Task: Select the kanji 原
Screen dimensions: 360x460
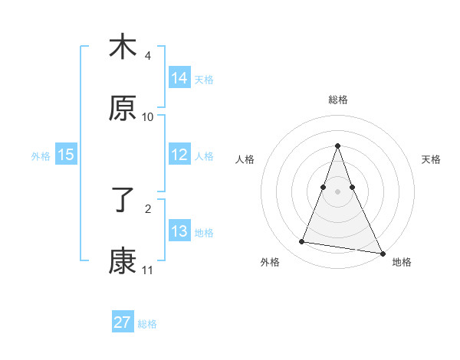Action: tap(123, 110)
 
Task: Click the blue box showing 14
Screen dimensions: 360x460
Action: tap(179, 77)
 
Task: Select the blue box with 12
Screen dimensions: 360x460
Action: tap(179, 155)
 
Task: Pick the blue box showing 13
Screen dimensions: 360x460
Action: tap(179, 231)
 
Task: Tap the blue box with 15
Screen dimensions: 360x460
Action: tap(66, 155)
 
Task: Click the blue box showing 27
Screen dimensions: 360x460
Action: tap(123, 322)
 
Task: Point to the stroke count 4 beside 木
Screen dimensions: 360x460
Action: tap(148, 56)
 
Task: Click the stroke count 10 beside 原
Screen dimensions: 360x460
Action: tap(148, 117)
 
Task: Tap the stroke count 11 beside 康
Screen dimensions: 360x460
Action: tap(148, 270)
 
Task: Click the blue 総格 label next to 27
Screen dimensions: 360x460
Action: tap(147, 324)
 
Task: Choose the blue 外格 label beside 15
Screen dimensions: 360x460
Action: tap(41, 156)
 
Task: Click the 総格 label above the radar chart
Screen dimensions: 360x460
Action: tap(337, 100)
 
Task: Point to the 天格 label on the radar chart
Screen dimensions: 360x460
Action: tap(431, 159)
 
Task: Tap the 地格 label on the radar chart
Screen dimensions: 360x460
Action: tap(402, 263)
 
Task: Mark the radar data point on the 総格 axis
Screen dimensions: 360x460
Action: tap(337, 146)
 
